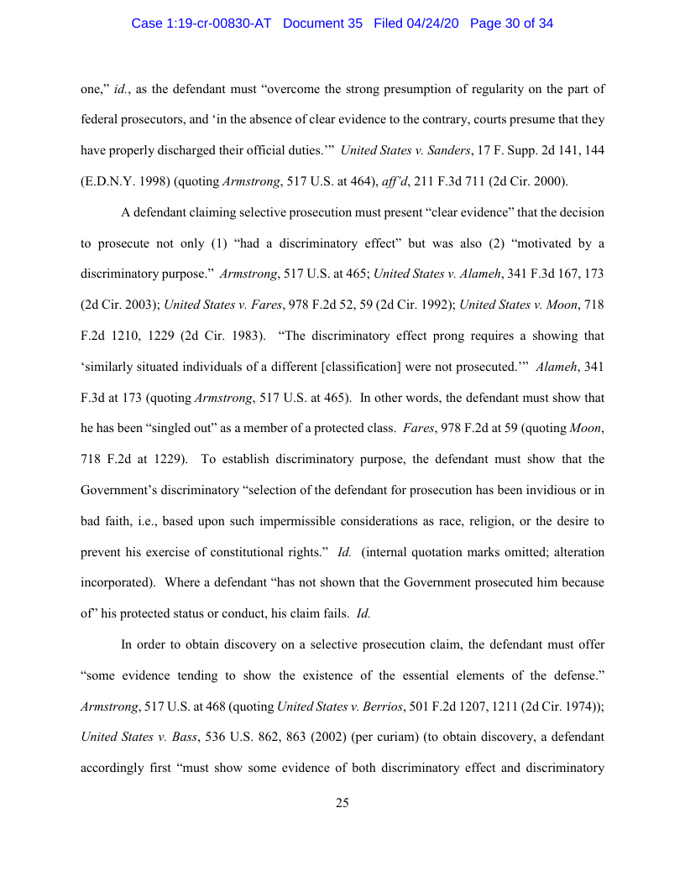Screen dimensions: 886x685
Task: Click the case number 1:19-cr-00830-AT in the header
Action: [x=201, y=23]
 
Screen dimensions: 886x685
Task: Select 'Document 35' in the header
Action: [x=322, y=23]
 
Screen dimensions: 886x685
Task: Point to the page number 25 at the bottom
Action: [x=342, y=803]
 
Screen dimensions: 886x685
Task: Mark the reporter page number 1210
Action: [x=138, y=336]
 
